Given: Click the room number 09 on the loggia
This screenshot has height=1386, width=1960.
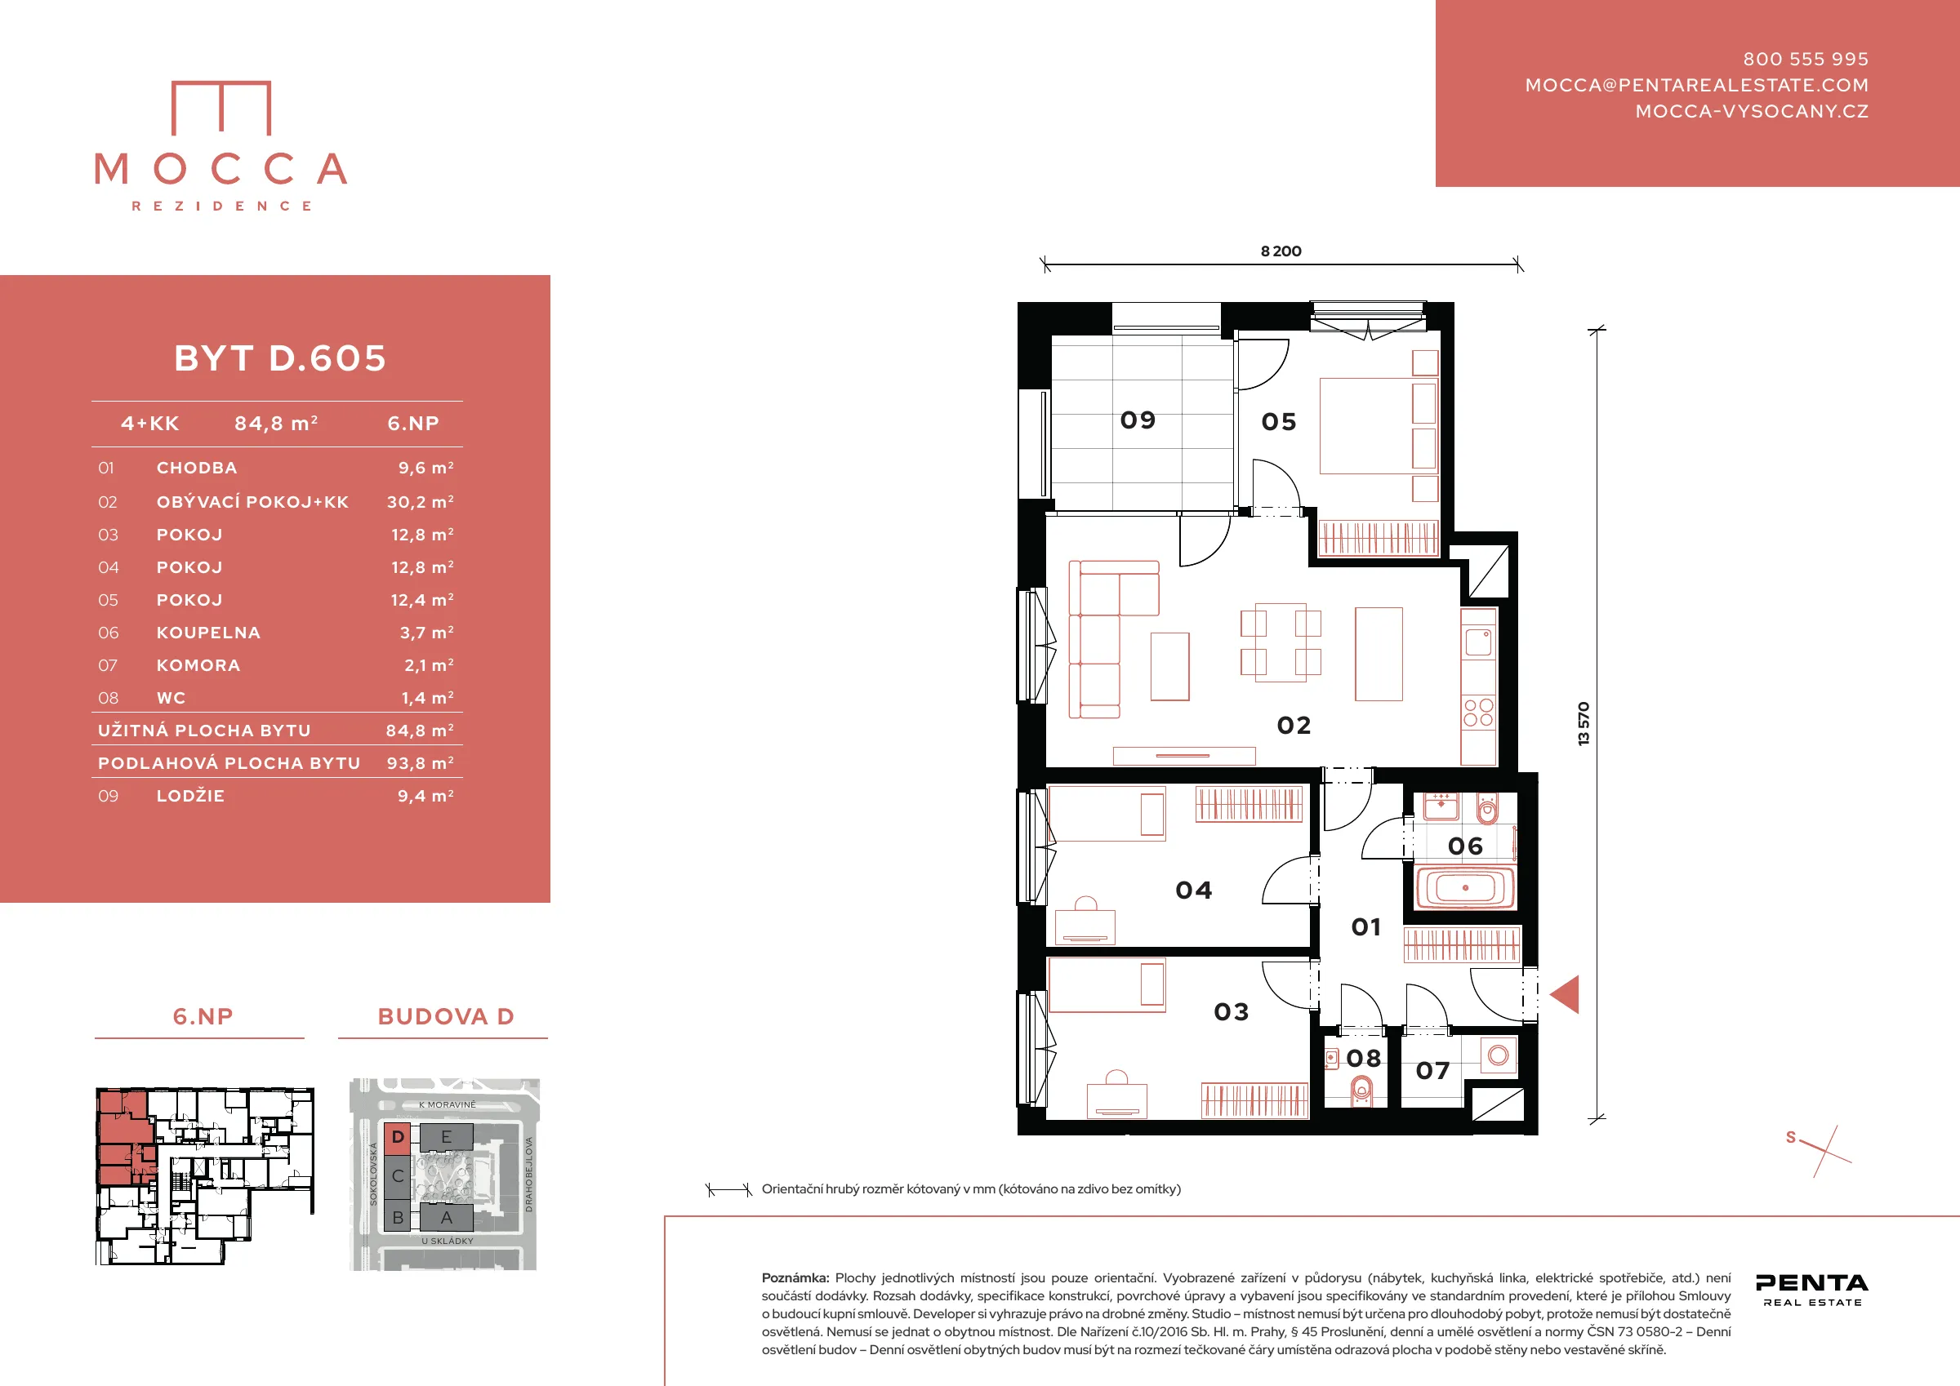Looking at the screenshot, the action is (1138, 420).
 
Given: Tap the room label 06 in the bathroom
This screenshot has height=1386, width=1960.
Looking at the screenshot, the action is (1466, 846).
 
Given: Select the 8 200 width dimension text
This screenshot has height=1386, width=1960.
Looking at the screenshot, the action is (1281, 251).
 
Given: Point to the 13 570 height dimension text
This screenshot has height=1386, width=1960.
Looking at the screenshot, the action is (1584, 724).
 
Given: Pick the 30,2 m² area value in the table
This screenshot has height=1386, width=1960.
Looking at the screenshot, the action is (420, 502).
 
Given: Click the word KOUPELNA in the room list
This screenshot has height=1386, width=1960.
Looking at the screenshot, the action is (208, 633).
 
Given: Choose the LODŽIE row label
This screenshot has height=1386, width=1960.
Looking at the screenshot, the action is (190, 795).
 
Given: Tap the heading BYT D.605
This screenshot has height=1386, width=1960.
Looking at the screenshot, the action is (280, 358).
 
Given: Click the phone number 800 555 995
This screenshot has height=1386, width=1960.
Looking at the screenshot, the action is (1806, 59).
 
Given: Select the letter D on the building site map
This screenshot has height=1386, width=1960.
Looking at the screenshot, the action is (398, 1137).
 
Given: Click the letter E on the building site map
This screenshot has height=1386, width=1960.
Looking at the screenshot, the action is (446, 1137).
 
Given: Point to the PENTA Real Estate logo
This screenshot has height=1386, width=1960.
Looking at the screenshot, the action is (1811, 1289).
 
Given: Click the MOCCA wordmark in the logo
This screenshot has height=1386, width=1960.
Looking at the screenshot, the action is (221, 169).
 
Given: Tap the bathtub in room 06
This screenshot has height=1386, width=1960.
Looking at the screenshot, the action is (1465, 887).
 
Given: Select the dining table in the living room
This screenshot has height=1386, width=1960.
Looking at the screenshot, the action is (1281, 642).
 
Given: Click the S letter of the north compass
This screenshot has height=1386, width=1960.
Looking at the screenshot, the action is (1791, 1138).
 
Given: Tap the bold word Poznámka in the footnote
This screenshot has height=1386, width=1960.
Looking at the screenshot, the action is (795, 1278).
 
